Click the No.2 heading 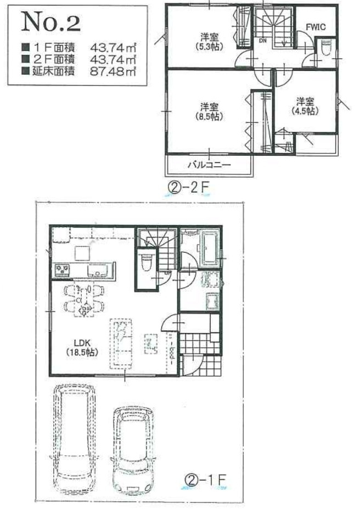click(x=50, y=22)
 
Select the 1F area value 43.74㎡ click(x=113, y=48)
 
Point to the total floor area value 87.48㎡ click(x=113, y=71)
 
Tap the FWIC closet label click(x=316, y=27)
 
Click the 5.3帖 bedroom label click(x=210, y=42)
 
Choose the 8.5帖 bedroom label click(x=210, y=111)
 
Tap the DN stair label click(x=262, y=41)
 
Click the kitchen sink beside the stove click(x=98, y=270)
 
